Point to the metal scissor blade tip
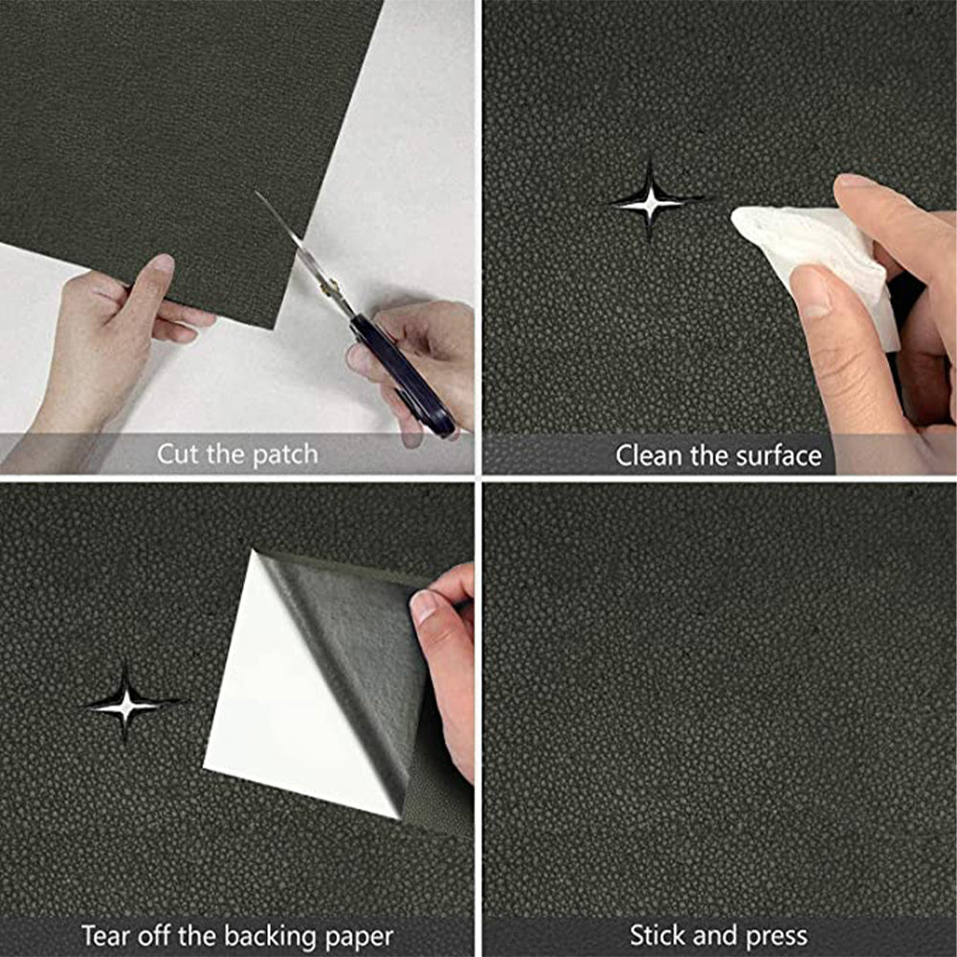click(x=256, y=193)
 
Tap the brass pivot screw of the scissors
click(x=332, y=283)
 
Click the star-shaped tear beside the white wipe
click(x=651, y=201)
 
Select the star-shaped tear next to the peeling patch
click(x=126, y=705)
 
